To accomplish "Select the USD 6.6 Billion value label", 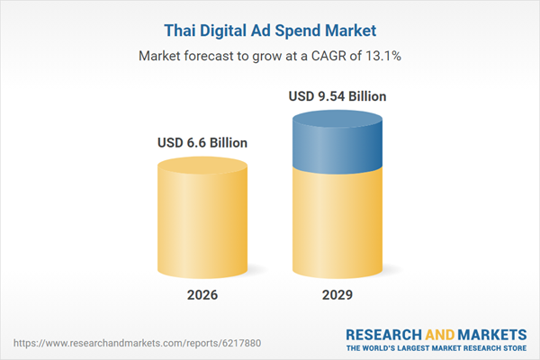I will (202, 142).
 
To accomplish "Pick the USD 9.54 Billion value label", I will (341, 95).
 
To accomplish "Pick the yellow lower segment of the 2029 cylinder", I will (341, 225).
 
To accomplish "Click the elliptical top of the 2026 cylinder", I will (202, 166).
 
